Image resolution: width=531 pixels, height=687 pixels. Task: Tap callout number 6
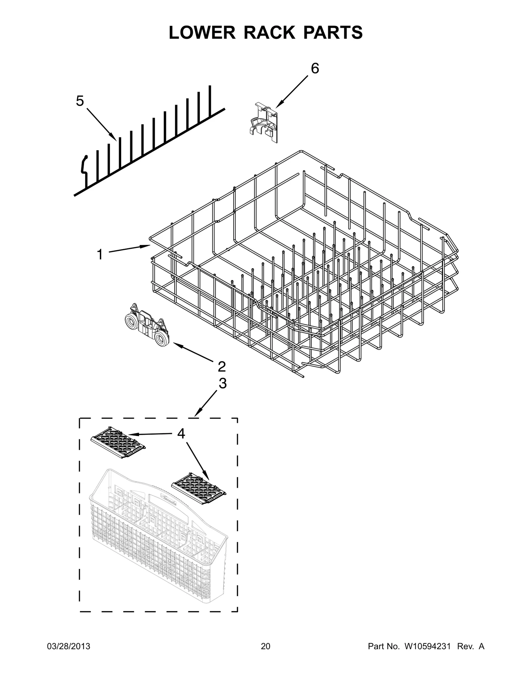click(x=315, y=69)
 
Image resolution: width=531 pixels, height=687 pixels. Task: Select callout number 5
click(x=80, y=101)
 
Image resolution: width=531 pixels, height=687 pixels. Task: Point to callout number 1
click(x=100, y=255)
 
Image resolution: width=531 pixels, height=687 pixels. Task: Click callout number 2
click(x=222, y=367)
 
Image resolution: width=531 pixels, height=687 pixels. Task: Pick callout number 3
click(x=222, y=383)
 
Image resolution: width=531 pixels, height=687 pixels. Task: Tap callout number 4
click(x=181, y=434)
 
